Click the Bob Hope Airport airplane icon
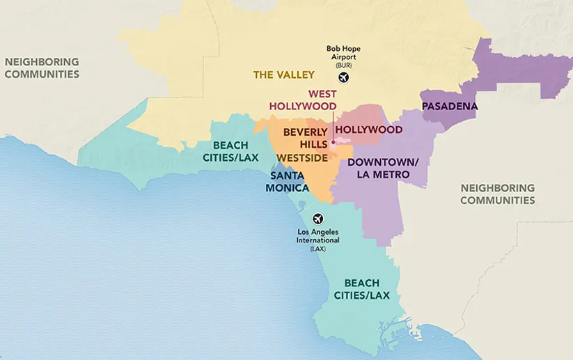click(343, 77)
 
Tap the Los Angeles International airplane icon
click(318, 219)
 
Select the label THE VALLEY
click(284, 75)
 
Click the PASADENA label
click(450, 107)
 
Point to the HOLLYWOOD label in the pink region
click(369, 130)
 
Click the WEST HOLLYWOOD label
click(303, 100)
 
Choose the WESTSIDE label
click(302, 158)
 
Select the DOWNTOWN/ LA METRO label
click(383, 168)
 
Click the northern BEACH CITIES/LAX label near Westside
click(230, 151)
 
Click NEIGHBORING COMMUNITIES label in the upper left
click(42, 68)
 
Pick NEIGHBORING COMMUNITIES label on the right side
click(497, 194)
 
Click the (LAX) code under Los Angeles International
click(318, 248)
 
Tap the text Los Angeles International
click(318, 235)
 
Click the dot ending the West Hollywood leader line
click(333, 143)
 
